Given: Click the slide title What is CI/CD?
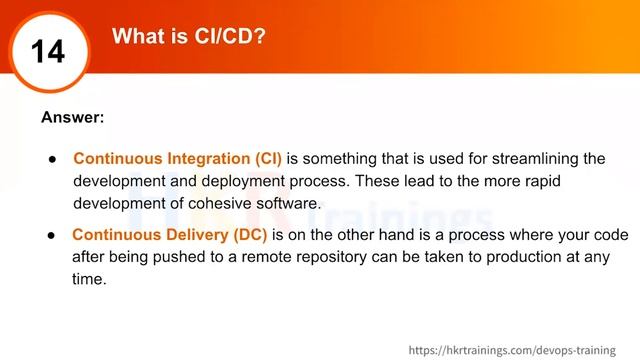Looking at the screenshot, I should click(x=189, y=37).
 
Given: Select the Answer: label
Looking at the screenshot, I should click(x=73, y=117).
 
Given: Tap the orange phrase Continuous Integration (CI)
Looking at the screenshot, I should click(x=178, y=159).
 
